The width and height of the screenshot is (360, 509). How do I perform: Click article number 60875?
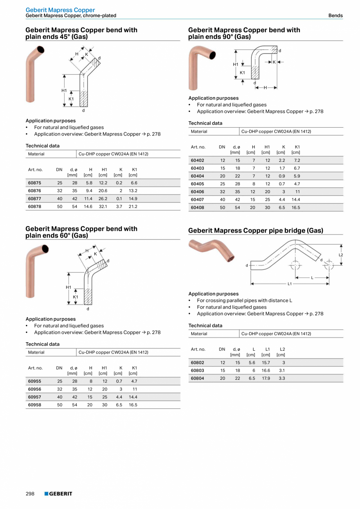tap(34, 183)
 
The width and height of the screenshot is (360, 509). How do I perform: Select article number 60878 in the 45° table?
tap(34, 206)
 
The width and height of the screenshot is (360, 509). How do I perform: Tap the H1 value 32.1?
tap(103, 206)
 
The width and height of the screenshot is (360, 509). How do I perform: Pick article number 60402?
tap(197, 161)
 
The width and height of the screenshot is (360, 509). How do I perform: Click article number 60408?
tap(197, 208)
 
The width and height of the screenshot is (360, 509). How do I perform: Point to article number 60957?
tap(34, 397)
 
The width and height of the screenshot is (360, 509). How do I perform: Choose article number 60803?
tap(197, 370)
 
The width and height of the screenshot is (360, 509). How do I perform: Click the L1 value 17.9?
tap(266, 378)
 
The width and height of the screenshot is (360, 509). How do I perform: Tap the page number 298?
tap(30, 494)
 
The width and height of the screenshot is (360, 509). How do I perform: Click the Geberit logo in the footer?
tap(58, 494)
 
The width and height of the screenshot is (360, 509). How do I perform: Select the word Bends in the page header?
tap(335, 16)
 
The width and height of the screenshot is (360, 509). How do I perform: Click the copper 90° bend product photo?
tap(201, 67)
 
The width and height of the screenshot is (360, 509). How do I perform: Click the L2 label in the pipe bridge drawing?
tap(340, 255)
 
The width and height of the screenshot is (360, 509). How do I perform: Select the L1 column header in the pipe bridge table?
tap(268, 349)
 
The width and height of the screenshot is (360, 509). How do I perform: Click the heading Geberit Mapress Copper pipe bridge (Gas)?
tap(256, 231)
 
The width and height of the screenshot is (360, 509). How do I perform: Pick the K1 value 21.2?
tap(133, 206)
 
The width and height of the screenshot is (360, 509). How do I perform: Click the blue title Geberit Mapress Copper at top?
tap(60, 10)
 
